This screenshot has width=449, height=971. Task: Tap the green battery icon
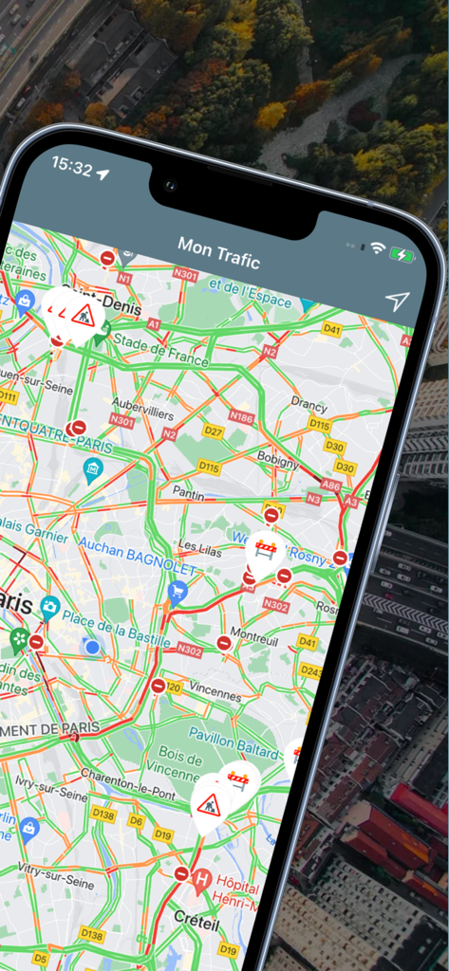(x=402, y=254)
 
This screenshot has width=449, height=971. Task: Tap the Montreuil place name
(x=253, y=635)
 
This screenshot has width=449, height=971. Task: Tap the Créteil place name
(x=196, y=919)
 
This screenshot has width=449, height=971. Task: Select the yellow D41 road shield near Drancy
(x=331, y=330)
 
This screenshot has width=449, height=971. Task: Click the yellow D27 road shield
(x=214, y=431)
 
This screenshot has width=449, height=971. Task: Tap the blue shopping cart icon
(x=177, y=592)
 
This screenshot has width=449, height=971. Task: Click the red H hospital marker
(x=201, y=878)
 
